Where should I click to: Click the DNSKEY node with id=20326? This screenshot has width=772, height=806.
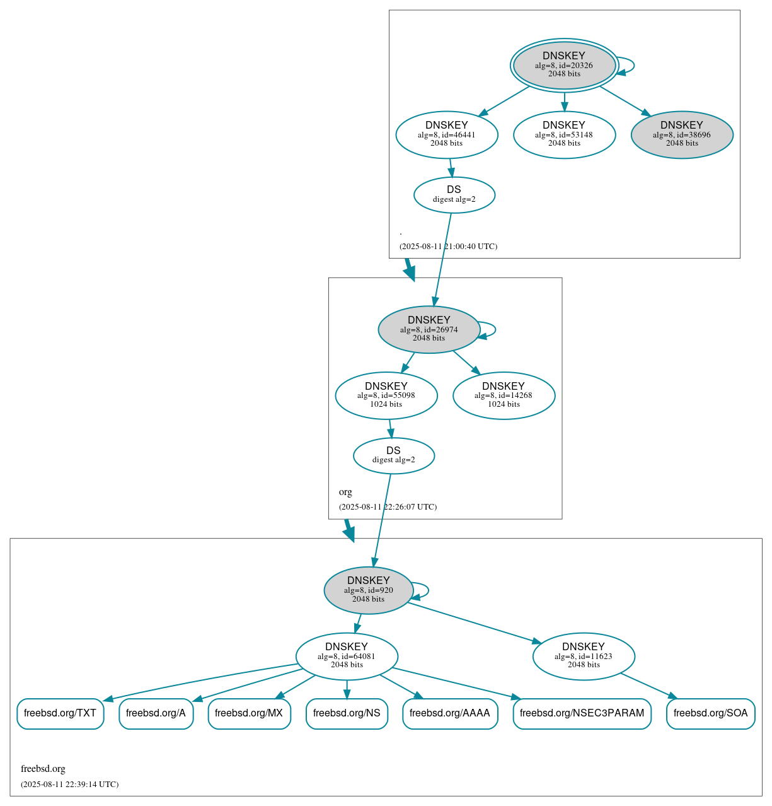[x=564, y=66]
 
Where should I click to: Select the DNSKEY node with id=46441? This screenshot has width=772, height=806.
[x=447, y=134]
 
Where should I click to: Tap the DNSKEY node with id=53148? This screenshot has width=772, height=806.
[x=564, y=134]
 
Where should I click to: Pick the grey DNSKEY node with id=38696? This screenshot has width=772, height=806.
[x=682, y=134]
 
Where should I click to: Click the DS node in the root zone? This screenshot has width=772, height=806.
[x=454, y=195]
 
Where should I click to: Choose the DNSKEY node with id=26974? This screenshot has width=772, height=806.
[x=429, y=329]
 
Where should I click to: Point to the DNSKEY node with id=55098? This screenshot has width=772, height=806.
[x=386, y=395]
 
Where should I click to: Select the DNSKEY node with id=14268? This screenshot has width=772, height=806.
[x=504, y=395]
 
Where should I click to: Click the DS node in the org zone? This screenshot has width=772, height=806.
[x=394, y=455]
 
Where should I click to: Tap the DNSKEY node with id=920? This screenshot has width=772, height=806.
[x=369, y=590]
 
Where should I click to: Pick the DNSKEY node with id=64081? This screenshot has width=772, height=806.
[x=347, y=656]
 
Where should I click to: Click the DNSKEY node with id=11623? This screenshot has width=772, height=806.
[x=584, y=656]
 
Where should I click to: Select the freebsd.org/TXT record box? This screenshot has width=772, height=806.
[x=60, y=713]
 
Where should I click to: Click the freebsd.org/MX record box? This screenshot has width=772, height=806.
[x=249, y=713]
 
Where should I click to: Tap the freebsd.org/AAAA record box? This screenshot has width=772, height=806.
[x=450, y=713]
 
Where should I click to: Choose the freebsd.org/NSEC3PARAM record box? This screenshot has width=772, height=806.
[x=582, y=713]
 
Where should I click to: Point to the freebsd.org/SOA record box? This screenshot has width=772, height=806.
[x=710, y=713]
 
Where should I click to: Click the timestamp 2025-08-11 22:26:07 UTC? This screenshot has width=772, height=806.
[x=388, y=507]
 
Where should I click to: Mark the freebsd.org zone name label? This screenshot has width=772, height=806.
[x=43, y=769]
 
